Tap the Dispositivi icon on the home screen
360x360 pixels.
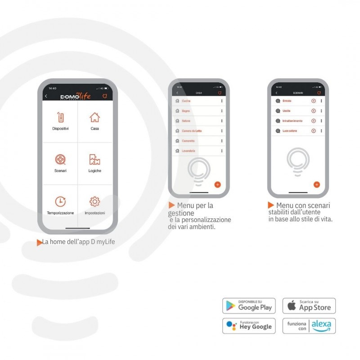point(60,118)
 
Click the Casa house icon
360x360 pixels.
point(94,117)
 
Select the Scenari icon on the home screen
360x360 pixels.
point(60,159)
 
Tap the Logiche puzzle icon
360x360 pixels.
point(94,159)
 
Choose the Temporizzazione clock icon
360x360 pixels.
point(60,201)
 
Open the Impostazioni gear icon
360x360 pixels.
point(94,201)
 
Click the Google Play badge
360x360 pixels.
point(249,306)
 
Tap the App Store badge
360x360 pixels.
point(309,306)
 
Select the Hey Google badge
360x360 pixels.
point(249,326)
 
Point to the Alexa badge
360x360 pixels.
point(309,326)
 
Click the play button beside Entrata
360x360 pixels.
point(314,101)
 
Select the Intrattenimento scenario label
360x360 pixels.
point(292,121)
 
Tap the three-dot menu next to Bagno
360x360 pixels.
point(222,111)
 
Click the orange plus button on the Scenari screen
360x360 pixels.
point(316,184)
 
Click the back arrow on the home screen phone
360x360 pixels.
point(46,96)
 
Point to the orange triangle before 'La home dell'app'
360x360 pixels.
point(39,243)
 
